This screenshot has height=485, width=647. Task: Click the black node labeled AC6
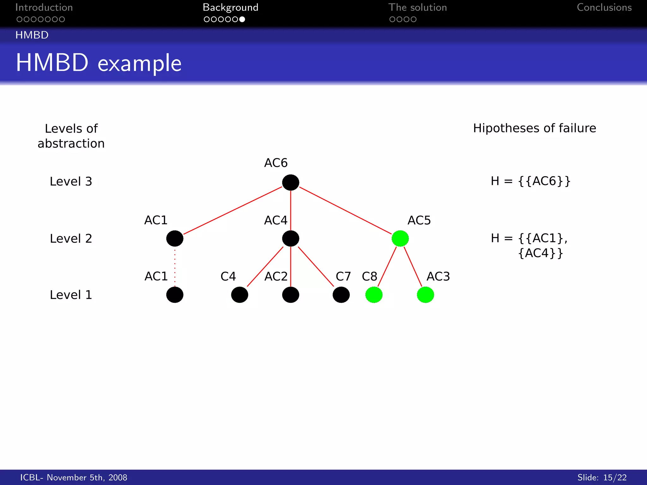point(290,182)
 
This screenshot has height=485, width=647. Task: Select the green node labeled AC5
point(400,238)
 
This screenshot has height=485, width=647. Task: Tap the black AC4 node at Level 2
point(290,238)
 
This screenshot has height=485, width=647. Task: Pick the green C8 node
point(374,295)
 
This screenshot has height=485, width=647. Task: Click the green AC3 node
point(425,295)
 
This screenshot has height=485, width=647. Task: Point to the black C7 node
point(341,295)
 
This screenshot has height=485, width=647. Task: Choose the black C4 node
point(239,295)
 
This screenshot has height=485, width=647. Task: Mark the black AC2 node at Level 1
point(290,295)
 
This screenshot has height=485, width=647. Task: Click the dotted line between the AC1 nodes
point(175,267)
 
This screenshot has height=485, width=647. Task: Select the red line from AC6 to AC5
point(345,210)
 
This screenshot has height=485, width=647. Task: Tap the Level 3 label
point(71,182)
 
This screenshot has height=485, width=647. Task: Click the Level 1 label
point(71,295)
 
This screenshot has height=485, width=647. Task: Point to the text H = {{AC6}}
point(530,181)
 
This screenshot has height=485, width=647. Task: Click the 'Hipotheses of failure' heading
point(534,128)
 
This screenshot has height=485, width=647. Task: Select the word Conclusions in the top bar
point(604,7)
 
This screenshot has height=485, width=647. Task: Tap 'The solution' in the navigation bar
point(417,7)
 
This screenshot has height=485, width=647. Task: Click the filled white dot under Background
point(242,19)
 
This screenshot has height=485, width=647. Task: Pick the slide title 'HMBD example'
point(99,63)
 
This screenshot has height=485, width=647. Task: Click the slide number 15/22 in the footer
point(614,477)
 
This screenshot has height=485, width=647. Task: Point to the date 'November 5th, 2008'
point(87,477)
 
